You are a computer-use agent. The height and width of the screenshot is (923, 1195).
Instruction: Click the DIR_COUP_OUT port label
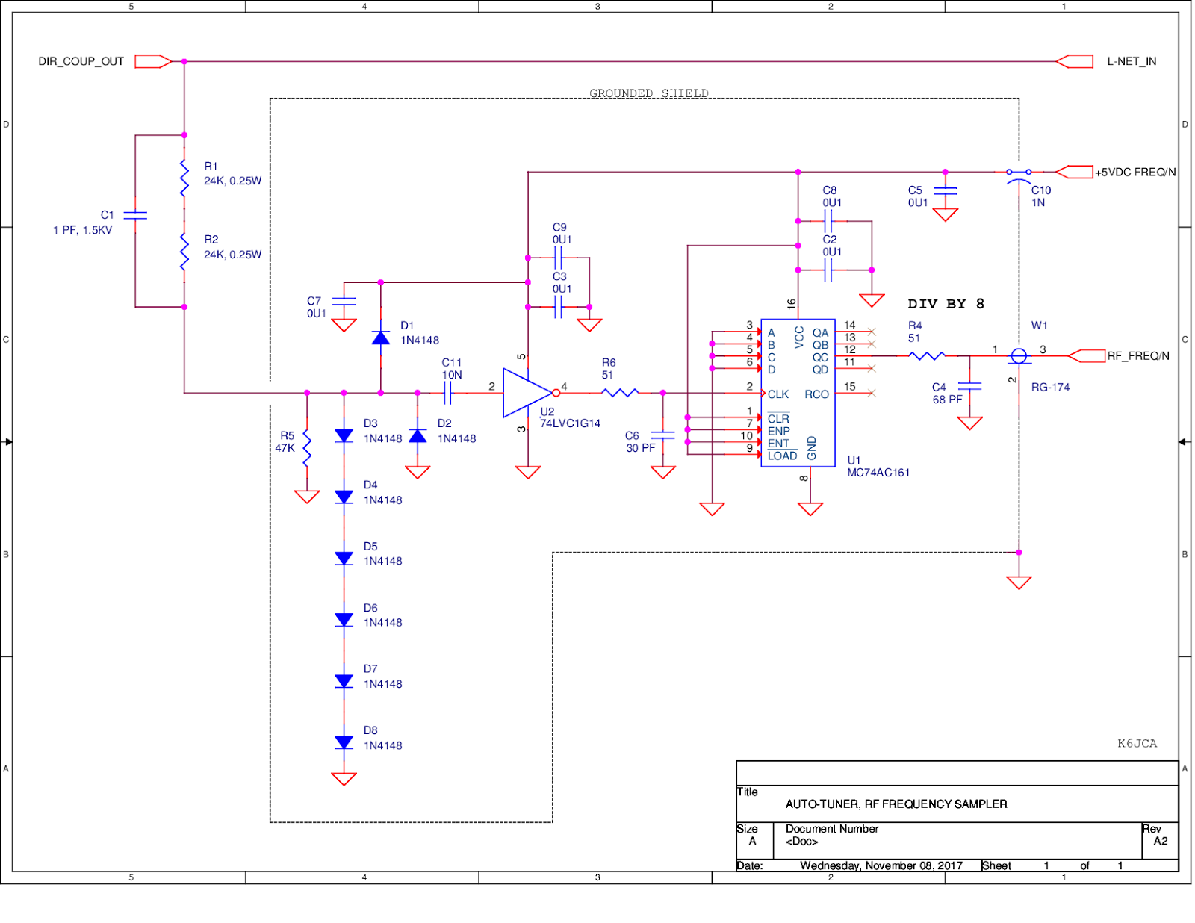click(81, 61)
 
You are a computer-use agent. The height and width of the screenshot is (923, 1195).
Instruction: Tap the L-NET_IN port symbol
click(1075, 61)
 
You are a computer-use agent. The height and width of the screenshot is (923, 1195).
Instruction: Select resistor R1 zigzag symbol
click(184, 178)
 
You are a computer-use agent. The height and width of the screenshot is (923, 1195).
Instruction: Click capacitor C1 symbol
click(135, 215)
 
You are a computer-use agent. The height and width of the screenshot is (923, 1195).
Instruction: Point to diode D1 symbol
click(381, 338)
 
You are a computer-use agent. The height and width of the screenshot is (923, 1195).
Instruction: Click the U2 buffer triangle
click(527, 393)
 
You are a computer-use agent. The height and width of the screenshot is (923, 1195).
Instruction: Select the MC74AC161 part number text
click(878, 473)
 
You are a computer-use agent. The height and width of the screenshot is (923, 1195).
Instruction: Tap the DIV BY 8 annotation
click(946, 304)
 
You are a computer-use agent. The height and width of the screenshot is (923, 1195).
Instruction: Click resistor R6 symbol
click(620, 392)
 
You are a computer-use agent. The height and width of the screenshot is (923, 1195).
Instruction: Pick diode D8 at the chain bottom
click(344, 742)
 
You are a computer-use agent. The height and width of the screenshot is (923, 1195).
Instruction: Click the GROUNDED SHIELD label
click(648, 93)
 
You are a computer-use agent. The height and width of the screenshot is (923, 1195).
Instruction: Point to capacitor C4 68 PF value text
click(947, 400)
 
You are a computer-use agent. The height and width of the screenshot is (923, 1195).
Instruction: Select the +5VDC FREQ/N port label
click(1135, 173)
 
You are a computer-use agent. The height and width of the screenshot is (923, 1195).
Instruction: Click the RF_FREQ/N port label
click(1138, 356)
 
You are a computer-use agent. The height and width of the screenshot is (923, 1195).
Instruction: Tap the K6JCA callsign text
click(1137, 743)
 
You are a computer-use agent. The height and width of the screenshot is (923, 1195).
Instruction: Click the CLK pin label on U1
click(778, 394)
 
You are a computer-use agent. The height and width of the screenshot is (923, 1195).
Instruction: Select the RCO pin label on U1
click(816, 394)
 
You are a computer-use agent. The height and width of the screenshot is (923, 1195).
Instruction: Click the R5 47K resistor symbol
click(307, 448)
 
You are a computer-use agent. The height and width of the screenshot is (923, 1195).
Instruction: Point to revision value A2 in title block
click(1160, 841)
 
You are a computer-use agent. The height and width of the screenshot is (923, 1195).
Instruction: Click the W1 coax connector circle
click(1019, 356)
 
